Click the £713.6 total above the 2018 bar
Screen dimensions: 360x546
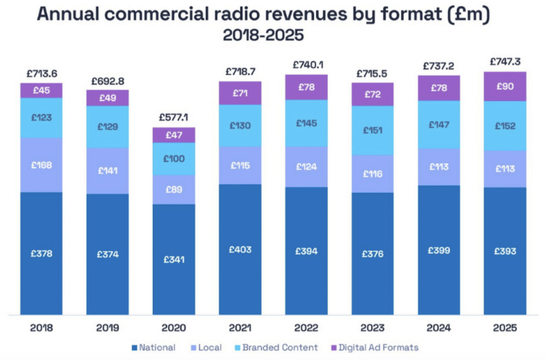pyautogui.click(x=41, y=74)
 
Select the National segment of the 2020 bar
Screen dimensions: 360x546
pyautogui.click(x=174, y=259)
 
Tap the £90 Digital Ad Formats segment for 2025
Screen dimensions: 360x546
pyautogui.click(x=505, y=86)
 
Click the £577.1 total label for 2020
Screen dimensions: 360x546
pyautogui.click(x=174, y=117)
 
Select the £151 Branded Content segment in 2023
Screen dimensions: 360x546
pyautogui.click(x=372, y=131)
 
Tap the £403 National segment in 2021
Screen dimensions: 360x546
pyautogui.click(x=240, y=249)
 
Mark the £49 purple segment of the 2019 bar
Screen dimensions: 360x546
pyautogui.click(x=108, y=98)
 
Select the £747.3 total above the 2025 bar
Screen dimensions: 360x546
pyautogui.click(x=505, y=62)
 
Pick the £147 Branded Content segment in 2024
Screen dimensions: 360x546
pyautogui.click(x=439, y=125)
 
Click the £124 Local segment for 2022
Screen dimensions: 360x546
pyautogui.click(x=306, y=167)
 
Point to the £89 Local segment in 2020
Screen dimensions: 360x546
pyautogui.click(x=174, y=190)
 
